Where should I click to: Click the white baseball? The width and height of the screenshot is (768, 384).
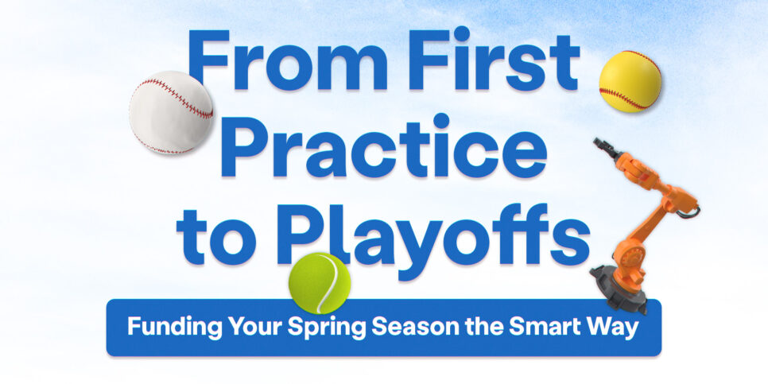(171, 112)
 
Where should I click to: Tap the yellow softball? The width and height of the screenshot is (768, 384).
(630, 81)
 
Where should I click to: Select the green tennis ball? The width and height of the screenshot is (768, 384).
(319, 283)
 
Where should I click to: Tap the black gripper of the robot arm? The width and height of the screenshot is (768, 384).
(603, 148)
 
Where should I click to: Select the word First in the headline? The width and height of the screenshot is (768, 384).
(498, 61)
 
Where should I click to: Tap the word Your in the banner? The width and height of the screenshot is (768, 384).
(238, 328)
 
